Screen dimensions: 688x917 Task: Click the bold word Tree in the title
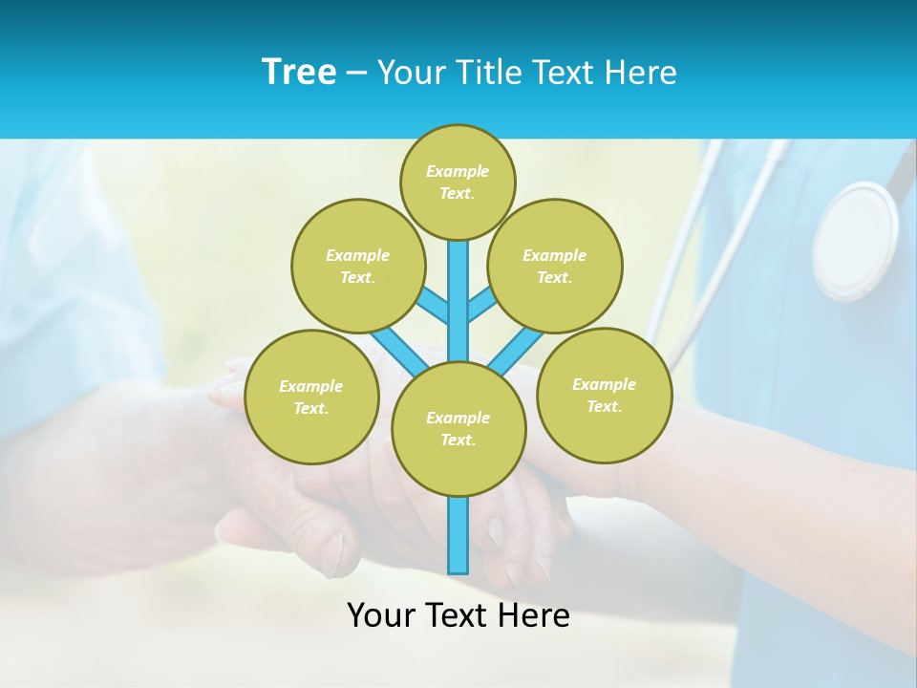coord(299,73)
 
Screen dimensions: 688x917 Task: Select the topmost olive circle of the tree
coord(458,182)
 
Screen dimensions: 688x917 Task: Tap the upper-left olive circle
coord(357,266)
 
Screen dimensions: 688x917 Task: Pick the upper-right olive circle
coord(554,266)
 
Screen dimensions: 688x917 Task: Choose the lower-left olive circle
coord(311,397)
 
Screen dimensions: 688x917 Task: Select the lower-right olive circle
coord(604,395)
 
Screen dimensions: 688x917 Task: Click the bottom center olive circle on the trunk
coord(458,428)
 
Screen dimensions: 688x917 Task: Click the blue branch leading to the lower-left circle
coord(399,349)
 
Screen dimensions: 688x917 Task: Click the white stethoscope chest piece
coord(855,240)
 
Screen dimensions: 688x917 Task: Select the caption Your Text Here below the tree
coord(458,615)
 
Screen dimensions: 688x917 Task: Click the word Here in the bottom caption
coord(539,615)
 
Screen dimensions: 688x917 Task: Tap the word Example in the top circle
coord(458,171)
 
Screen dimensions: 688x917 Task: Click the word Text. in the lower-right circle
coord(604,406)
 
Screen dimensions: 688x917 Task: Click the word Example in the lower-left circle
coord(311,386)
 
